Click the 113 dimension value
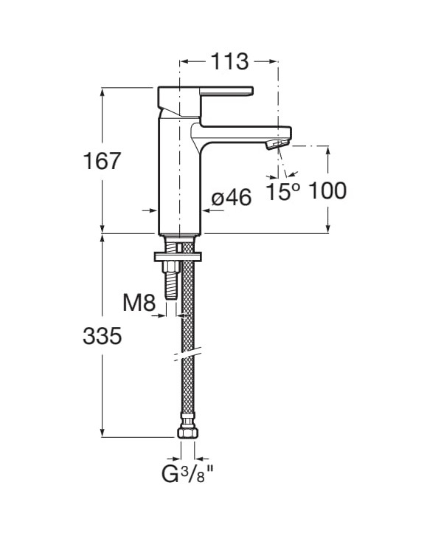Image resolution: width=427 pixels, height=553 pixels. (x=229, y=62)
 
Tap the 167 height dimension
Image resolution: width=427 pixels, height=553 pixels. (x=103, y=160)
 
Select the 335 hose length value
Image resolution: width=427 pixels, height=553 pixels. (x=103, y=335)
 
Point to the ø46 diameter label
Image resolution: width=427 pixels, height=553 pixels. (x=232, y=197)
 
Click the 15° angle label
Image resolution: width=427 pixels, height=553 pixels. (x=283, y=191)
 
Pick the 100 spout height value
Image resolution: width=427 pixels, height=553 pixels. (x=327, y=190)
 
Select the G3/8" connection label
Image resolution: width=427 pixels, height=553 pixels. (x=187, y=474)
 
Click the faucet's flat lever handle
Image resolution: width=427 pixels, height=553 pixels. (x=226, y=91)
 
